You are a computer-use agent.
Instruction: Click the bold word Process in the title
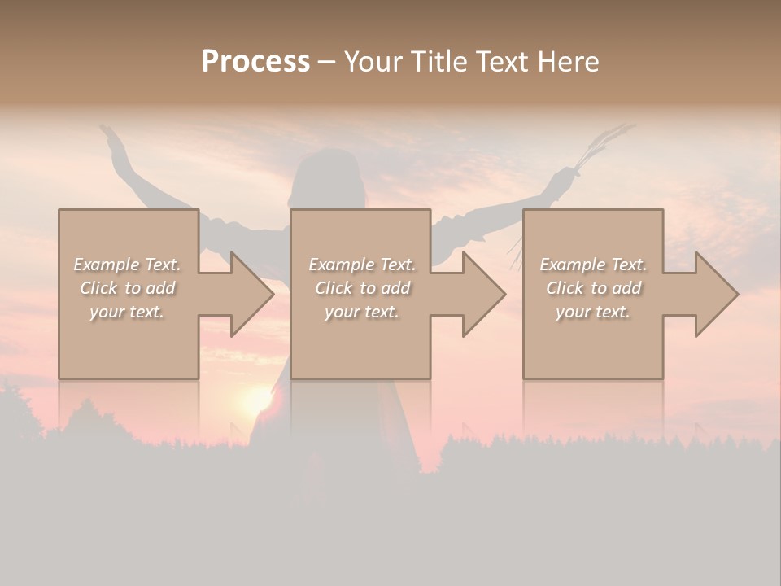click(255, 62)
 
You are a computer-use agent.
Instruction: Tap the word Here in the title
click(568, 62)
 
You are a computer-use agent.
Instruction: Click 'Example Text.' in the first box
click(128, 265)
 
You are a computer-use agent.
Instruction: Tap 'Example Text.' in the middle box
click(362, 265)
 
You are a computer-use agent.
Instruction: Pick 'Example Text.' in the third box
click(593, 265)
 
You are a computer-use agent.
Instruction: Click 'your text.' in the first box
click(128, 312)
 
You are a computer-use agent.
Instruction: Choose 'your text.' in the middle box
click(362, 312)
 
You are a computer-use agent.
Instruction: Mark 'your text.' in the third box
click(593, 312)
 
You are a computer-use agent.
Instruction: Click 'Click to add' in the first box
click(128, 288)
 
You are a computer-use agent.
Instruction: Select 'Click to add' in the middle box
click(362, 288)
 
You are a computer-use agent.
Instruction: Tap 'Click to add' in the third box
click(593, 288)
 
